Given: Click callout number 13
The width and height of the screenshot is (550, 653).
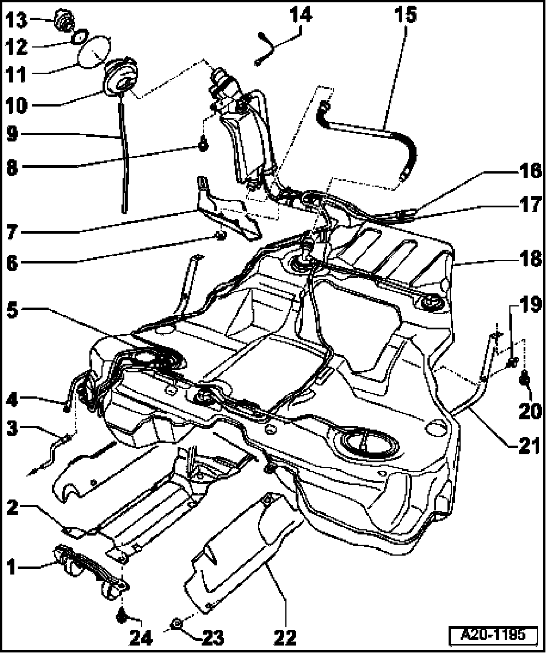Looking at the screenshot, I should pos(16,22).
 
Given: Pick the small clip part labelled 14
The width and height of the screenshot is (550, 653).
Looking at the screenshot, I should pos(265,49).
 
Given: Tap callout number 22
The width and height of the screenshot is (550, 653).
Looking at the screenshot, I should pos(285,636).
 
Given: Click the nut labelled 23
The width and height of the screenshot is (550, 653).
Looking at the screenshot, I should pos(177,623).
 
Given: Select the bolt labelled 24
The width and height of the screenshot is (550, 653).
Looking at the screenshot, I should pos(121,616).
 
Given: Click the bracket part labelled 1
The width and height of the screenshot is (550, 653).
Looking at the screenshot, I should pos(92,570).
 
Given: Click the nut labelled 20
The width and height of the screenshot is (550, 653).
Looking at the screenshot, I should pos(524,379).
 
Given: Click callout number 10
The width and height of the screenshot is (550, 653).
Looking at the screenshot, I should pos(16,105).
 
